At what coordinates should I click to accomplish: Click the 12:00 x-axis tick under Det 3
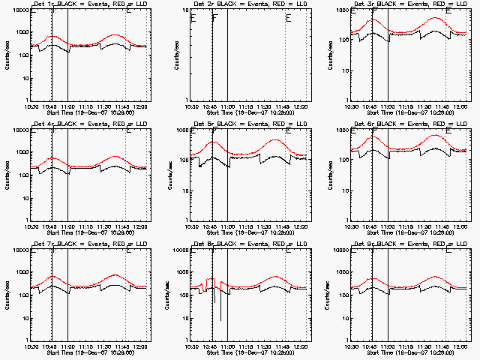pos(460,106)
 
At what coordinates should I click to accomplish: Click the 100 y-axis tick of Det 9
pos(343,295)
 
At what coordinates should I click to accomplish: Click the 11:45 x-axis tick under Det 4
pos(125,226)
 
